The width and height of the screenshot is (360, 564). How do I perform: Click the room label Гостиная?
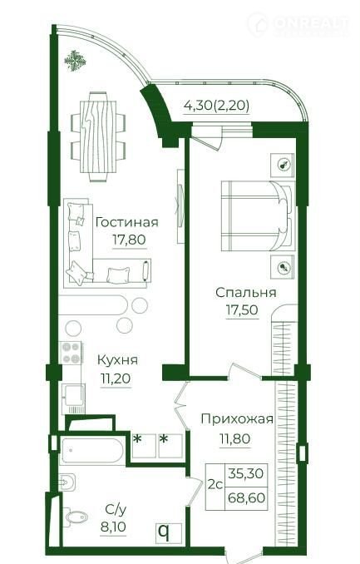coord(127,222)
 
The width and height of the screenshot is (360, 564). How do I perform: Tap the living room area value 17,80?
coord(129,240)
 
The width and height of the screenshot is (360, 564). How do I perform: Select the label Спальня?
coord(246,293)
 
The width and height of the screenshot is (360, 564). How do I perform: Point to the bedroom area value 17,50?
coord(242,309)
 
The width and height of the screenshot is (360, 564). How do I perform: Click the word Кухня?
coord(117,360)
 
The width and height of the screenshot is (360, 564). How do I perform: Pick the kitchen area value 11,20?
coord(116,378)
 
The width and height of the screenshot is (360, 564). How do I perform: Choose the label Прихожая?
coord(237,419)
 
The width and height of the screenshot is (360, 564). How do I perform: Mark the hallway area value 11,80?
coord(235,439)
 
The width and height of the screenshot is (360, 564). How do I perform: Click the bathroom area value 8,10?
coord(113,527)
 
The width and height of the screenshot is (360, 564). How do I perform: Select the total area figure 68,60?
coord(247,498)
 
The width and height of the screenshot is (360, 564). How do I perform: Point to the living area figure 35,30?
coord(246,473)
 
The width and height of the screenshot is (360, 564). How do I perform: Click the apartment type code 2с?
coord(215,485)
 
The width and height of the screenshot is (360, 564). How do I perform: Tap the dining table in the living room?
coord(98,136)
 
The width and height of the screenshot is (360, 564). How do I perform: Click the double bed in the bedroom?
coord(259,215)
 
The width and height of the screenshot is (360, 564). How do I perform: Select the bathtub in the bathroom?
coord(92,450)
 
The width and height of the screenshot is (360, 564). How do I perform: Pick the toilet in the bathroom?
coord(75,517)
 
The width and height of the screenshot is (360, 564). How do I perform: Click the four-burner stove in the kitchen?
coord(71,353)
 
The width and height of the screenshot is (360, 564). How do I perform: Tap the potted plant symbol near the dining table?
coord(75,61)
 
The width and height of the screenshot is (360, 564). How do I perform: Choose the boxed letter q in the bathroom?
coord(165,532)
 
